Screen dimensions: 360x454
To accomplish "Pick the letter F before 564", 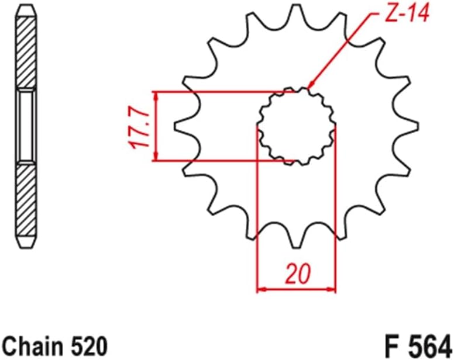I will click(x=391, y=342).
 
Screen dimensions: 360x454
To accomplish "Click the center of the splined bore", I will click(x=297, y=125).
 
